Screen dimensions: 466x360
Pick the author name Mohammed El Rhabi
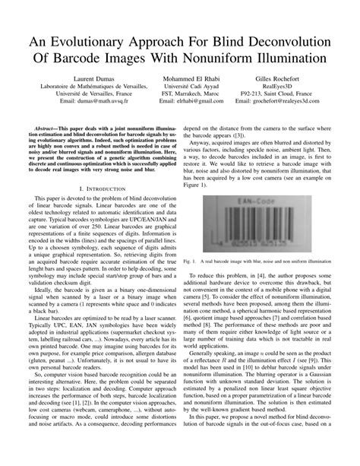click(x=181, y=78)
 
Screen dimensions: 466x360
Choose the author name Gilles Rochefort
click(x=276, y=78)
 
